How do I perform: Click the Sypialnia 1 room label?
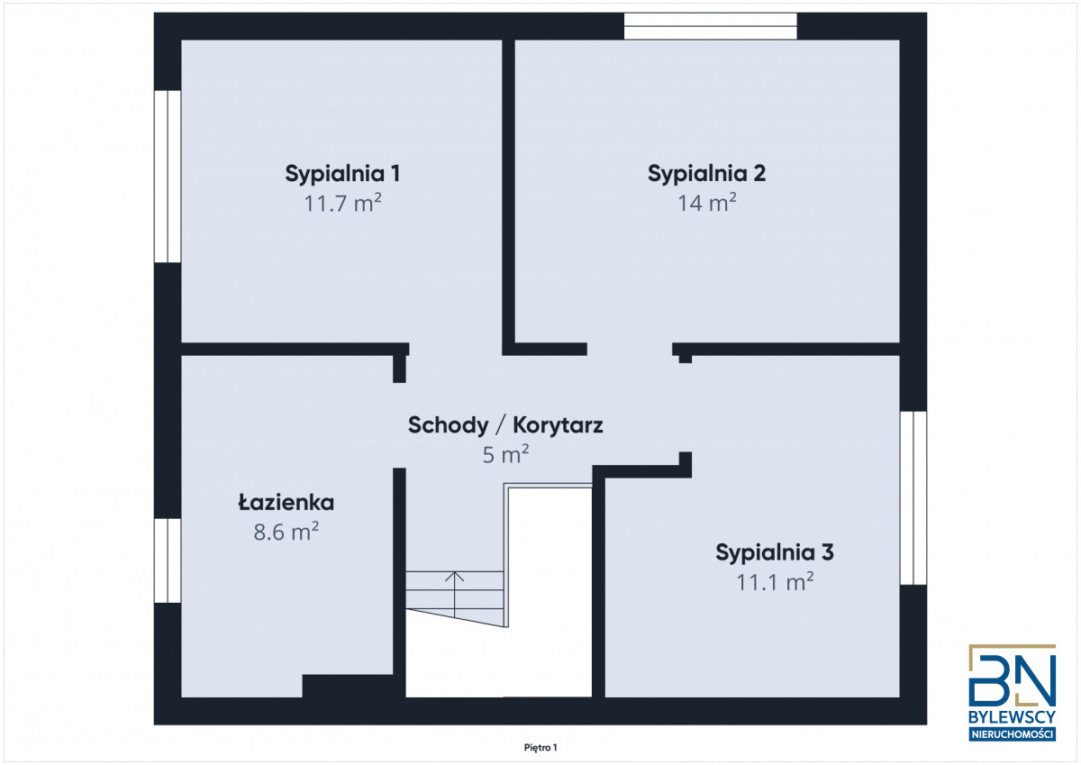342,174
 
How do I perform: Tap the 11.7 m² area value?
342,203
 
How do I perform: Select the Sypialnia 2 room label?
706,174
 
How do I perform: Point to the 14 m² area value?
707,203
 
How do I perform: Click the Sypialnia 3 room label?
775,553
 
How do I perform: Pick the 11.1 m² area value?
775,581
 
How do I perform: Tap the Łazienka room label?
286,503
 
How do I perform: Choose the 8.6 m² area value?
286,532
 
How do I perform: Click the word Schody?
449,425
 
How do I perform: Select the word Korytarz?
558,425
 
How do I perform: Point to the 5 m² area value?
505,454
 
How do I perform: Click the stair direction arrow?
455,595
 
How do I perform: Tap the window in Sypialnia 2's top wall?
711,26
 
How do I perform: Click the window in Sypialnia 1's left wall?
168,177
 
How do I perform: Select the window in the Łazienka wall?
168,560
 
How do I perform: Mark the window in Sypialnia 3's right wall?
913,498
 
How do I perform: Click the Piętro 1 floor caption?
540,748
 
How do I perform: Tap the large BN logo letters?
1012,676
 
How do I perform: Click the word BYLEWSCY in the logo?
1012,716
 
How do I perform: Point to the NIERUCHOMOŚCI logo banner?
1012,734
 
